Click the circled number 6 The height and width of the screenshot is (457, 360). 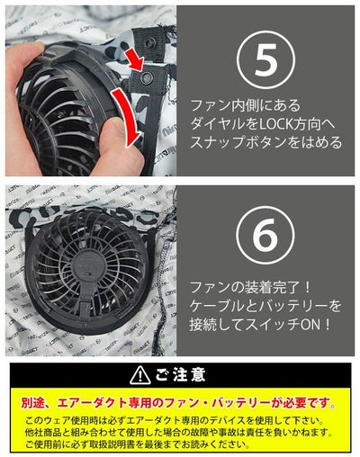coord(260,237)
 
